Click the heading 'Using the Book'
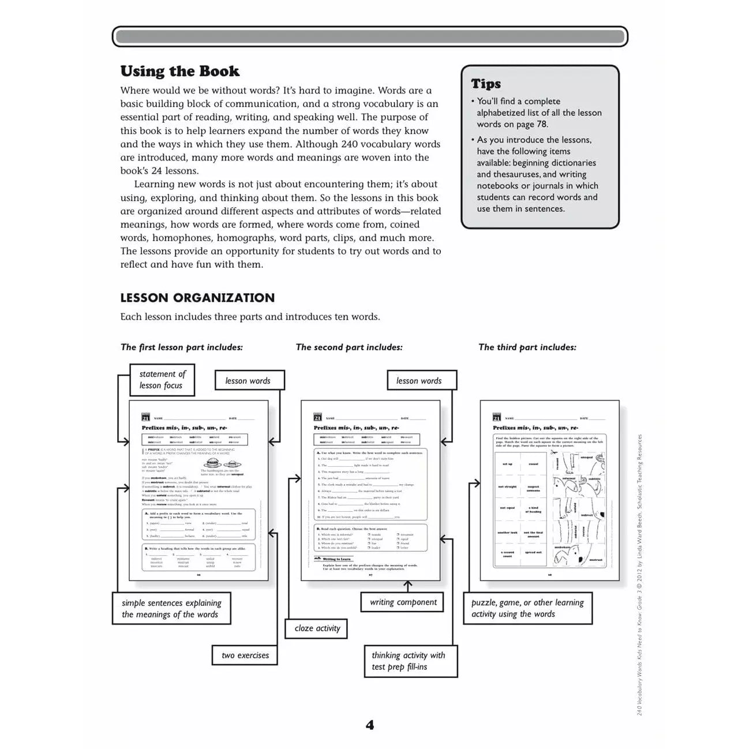tap(179, 72)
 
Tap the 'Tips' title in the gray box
tap(486, 84)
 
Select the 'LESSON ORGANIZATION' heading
tap(197, 298)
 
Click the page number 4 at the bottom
tap(370, 725)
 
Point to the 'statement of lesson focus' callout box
tap(162, 380)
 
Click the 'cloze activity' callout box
tap(317, 628)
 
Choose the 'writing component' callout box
tap(403, 602)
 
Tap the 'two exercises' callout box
tap(245, 656)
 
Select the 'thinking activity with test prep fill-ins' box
tap(408, 661)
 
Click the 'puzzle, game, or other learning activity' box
tap(527, 608)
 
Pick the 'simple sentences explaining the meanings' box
tap(171, 609)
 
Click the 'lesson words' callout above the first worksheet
tap(248, 381)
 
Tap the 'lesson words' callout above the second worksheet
tap(418, 381)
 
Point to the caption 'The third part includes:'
tap(527, 347)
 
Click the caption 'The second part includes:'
tap(349, 347)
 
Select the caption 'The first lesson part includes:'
tap(182, 347)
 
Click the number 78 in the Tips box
tap(542, 124)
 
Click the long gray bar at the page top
tap(370, 37)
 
